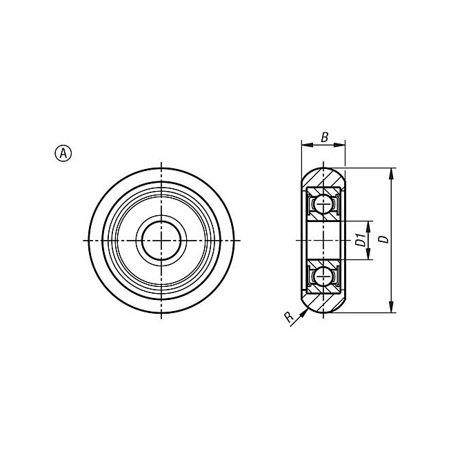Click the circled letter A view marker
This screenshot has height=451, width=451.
(x=63, y=153)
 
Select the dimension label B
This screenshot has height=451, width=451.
(x=324, y=137)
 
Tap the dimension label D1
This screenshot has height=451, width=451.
(x=361, y=240)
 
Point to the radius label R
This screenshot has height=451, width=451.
(x=289, y=317)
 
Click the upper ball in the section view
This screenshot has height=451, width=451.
(x=323, y=204)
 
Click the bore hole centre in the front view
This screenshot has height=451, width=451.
(x=161, y=240)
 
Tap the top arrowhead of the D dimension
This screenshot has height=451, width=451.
(x=391, y=173)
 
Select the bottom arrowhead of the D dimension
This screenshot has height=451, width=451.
(x=391, y=307)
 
